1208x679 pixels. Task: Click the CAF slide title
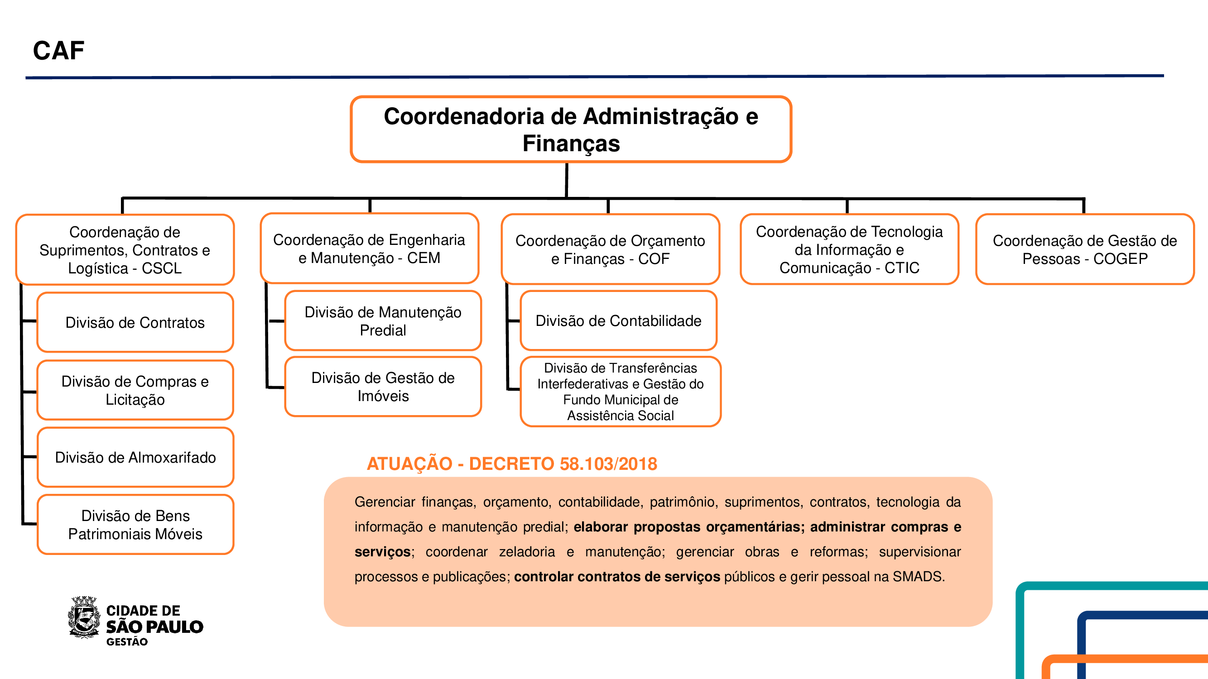[x=58, y=51]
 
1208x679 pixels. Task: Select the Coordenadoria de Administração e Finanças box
[x=571, y=129]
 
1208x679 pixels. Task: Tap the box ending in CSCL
[x=125, y=250]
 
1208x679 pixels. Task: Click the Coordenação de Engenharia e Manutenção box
[x=369, y=249]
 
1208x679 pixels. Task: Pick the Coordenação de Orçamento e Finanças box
[x=610, y=249]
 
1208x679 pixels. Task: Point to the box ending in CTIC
[x=849, y=249]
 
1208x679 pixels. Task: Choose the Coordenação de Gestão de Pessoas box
[x=1085, y=249]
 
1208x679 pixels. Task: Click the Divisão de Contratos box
[x=135, y=322]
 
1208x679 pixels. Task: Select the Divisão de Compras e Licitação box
[x=135, y=390]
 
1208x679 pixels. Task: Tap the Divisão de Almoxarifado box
[x=135, y=457]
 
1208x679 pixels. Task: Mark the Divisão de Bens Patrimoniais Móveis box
[x=135, y=524]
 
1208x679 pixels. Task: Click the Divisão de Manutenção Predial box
[x=383, y=321]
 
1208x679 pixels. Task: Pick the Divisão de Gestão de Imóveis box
[x=383, y=387]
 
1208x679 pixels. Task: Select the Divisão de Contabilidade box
[x=618, y=320]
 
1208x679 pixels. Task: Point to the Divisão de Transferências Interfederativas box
[x=620, y=392]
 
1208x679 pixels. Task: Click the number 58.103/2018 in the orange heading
[x=608, y=464]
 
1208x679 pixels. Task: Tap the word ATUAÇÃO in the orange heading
[x=409, y=464]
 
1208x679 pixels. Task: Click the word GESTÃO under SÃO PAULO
[x=127, y=642]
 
